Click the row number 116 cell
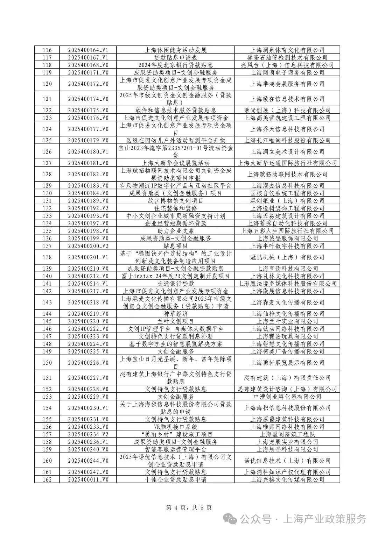[x=47, y=50]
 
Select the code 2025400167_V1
[x=88, y=57]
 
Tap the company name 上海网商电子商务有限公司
[x=287, y=72]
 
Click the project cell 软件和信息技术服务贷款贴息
[x=175, y=110]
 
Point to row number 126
[x=47, y=152]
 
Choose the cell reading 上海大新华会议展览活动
[x=175, y=163]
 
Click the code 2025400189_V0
[x=88, y=201]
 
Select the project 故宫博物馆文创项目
[x=175, y=201]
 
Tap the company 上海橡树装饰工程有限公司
[x=287, y=208]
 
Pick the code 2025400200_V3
[x=88, y=246]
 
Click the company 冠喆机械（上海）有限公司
[x=287, y=257]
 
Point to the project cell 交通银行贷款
[x=175, y=284]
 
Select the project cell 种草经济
[x=175, y=314]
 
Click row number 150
[x=47, y=363]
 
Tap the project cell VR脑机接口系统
[x=175, y=427]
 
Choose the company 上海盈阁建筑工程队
[x=287, y=434]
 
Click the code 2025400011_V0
[x=88, y=479]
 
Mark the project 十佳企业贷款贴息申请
[x=175, y=479]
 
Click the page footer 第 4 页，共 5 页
[x=189, y=507]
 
